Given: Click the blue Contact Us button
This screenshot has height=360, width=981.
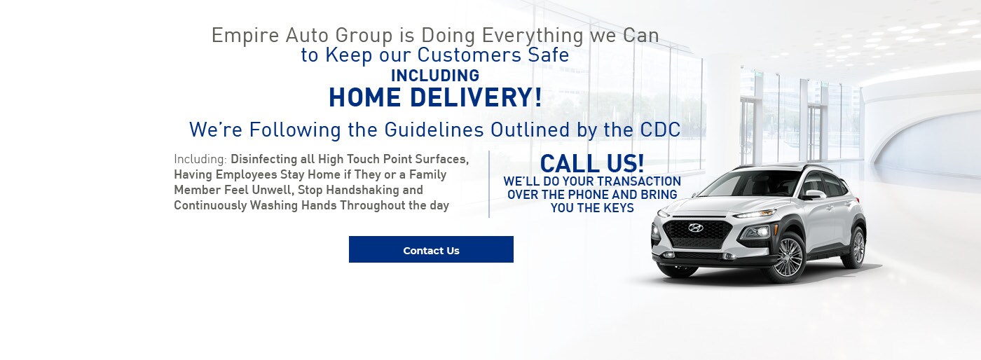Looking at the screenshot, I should pos(431,250).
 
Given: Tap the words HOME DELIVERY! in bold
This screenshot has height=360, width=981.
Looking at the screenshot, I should pos(435,97).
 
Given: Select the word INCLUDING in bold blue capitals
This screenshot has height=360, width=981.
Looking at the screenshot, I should pos(435,76).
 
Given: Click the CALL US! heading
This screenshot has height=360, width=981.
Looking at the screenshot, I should pos(592,163).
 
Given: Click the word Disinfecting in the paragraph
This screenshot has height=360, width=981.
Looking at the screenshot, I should pos(263,158).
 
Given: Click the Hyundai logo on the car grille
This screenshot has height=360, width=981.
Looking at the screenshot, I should pos(695,228).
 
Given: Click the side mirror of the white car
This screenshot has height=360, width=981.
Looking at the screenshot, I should pos(814,194).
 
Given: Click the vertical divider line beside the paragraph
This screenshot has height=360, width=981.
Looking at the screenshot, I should pos(489,184).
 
